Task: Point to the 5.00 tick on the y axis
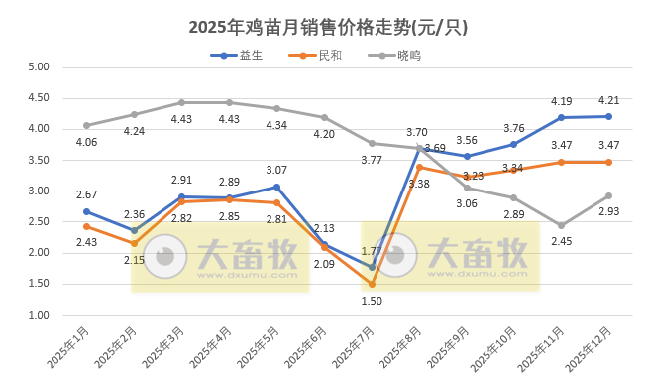(38, 67)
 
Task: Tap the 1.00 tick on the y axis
(38, 315)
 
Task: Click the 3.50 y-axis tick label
(38, 160)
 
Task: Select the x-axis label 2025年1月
(68, 348)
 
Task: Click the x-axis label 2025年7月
(354, 348)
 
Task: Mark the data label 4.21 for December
(608, 100)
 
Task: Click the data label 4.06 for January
(86, 142)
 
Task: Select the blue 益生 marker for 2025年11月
(561, 117)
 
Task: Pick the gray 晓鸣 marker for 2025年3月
(181, 102)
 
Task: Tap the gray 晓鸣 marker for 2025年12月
(608, 195)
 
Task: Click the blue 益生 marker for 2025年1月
(86, 211)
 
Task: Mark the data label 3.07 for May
(276, 170)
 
